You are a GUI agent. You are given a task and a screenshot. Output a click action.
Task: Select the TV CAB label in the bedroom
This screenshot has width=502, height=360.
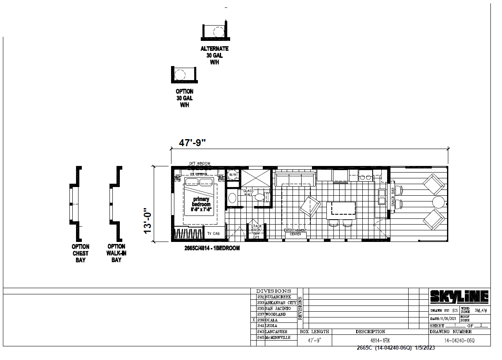point(213,234)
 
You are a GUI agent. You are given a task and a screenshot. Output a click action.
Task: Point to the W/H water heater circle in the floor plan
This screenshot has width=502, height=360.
point(232,175)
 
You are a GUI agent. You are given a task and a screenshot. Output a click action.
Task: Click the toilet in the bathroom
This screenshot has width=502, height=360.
point(260,197)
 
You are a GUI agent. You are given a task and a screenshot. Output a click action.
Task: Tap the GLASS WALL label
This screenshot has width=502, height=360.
point(248,193)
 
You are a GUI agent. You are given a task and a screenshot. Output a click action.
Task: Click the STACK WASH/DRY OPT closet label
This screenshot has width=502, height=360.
point(256,231)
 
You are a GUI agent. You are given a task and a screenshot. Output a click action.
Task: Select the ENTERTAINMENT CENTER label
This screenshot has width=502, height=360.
point(295,232)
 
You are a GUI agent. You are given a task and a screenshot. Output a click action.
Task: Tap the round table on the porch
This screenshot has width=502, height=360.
point(438,202)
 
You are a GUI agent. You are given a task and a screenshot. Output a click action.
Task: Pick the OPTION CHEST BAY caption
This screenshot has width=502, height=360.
point(80,253)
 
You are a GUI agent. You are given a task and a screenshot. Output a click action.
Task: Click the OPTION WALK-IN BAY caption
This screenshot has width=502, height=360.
point(116,253)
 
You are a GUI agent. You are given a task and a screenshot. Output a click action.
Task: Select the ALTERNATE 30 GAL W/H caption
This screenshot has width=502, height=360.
point(214,55)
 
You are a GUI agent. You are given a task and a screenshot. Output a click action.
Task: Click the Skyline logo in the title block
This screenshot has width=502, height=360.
point(459,296)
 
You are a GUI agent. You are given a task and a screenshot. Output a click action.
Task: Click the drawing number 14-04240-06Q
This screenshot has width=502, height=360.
point(459,341)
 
